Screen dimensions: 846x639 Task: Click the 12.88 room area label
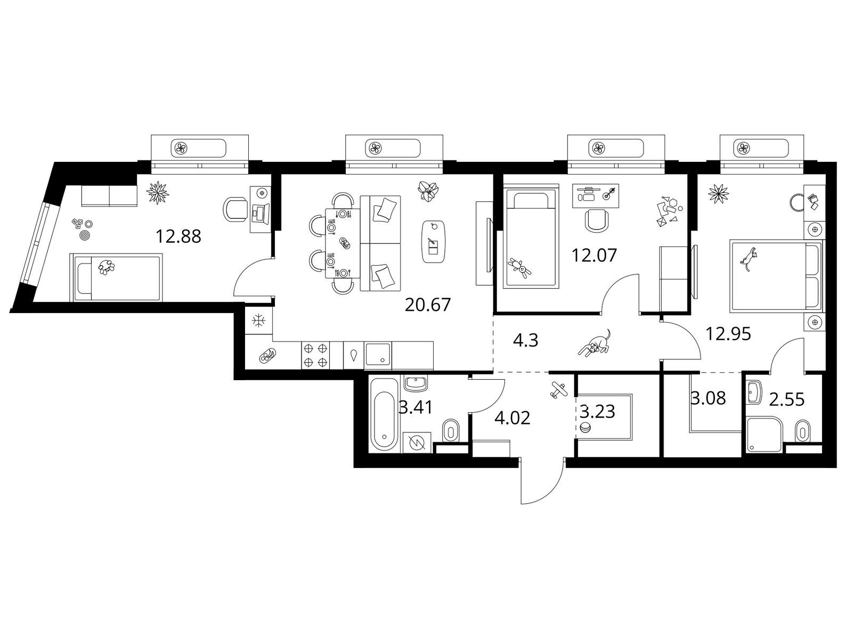pyautogui.click(x=178, y=236)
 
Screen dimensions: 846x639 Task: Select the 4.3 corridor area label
pyautogui.click(x=526, y=340)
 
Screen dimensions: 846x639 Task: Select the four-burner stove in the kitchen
pyautogui.click(x=316, y=355)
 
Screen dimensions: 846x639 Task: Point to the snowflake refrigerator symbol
pyautogui.click(x=258, y=321)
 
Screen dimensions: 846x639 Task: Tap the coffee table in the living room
pyautogui.click(x=434, y=242)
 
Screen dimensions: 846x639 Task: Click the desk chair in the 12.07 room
pyautogui.click(x=597, y=220)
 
